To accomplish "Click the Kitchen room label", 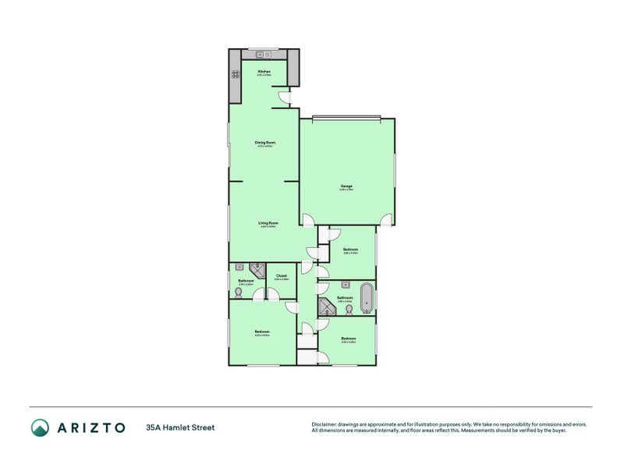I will [x=264, y=72].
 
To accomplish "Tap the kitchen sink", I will [x=262, y=55].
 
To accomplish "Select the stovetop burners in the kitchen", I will [x=234, y=75].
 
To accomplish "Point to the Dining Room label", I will [x=264, y=143].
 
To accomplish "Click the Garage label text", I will [x=346, y=186].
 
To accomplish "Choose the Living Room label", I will [x=268, y=224].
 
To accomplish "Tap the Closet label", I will [x=282, y=275].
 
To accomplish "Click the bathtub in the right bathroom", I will [x=367, y=296].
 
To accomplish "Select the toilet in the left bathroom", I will [x=237, y=292].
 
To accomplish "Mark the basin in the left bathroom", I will [x=240, y=267].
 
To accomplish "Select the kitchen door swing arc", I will [x=285, y=97].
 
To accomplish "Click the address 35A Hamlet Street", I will [x=179, y=427].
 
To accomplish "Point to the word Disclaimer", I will [x=326, y=424].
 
